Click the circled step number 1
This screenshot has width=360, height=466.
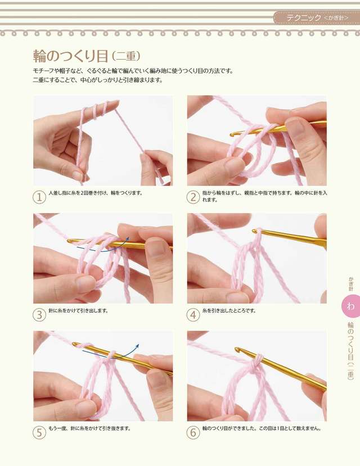pyautogui.click(x=39, y=197)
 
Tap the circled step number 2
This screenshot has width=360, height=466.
pyautogui.click(x=193, y=197)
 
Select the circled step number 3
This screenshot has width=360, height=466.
pyautogui.click(x=39, y=315)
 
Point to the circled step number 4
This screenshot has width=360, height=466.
pyautogui.click(x=193, y=315)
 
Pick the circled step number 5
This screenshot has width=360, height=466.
pyautogui.click(x=39, y=432)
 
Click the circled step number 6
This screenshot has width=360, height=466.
pyautogui.click(x=193, y=432)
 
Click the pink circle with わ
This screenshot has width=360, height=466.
pyautogui.click(x=350, y=306)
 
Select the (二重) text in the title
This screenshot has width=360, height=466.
pyautogui.click(x=126, y=56)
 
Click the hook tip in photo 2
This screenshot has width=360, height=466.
pyautogui.click(x=232, y=135)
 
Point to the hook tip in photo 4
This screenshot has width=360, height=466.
pyautogui.click(x=255, y=231)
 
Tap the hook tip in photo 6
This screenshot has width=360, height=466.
pyautogui.click(x=237, y=349)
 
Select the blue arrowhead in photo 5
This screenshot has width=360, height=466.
pyautogui.click(x=137, y=346)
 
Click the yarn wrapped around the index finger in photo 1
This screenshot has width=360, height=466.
pyautogui.click(x=94, y=110)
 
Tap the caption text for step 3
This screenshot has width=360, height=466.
pyautogui.click(x=78, y=311)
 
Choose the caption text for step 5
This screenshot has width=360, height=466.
pyautogui.click(x=89, y=428)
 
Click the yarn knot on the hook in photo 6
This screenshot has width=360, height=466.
pyautogui.click(x=256, y=361)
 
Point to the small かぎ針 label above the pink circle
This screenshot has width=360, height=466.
pyautogui.click(x=351, y=284)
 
